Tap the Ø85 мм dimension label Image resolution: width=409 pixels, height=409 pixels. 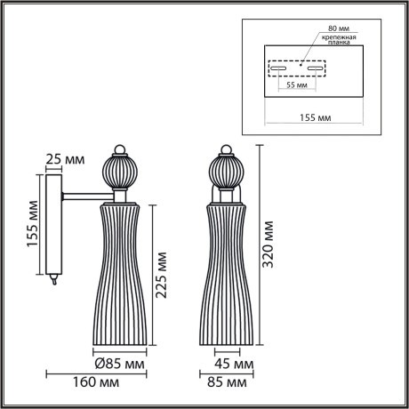click(120, 363)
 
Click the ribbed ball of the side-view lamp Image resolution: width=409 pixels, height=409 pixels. click(117, 169)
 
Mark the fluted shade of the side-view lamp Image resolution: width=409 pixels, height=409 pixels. click(119, 276)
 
